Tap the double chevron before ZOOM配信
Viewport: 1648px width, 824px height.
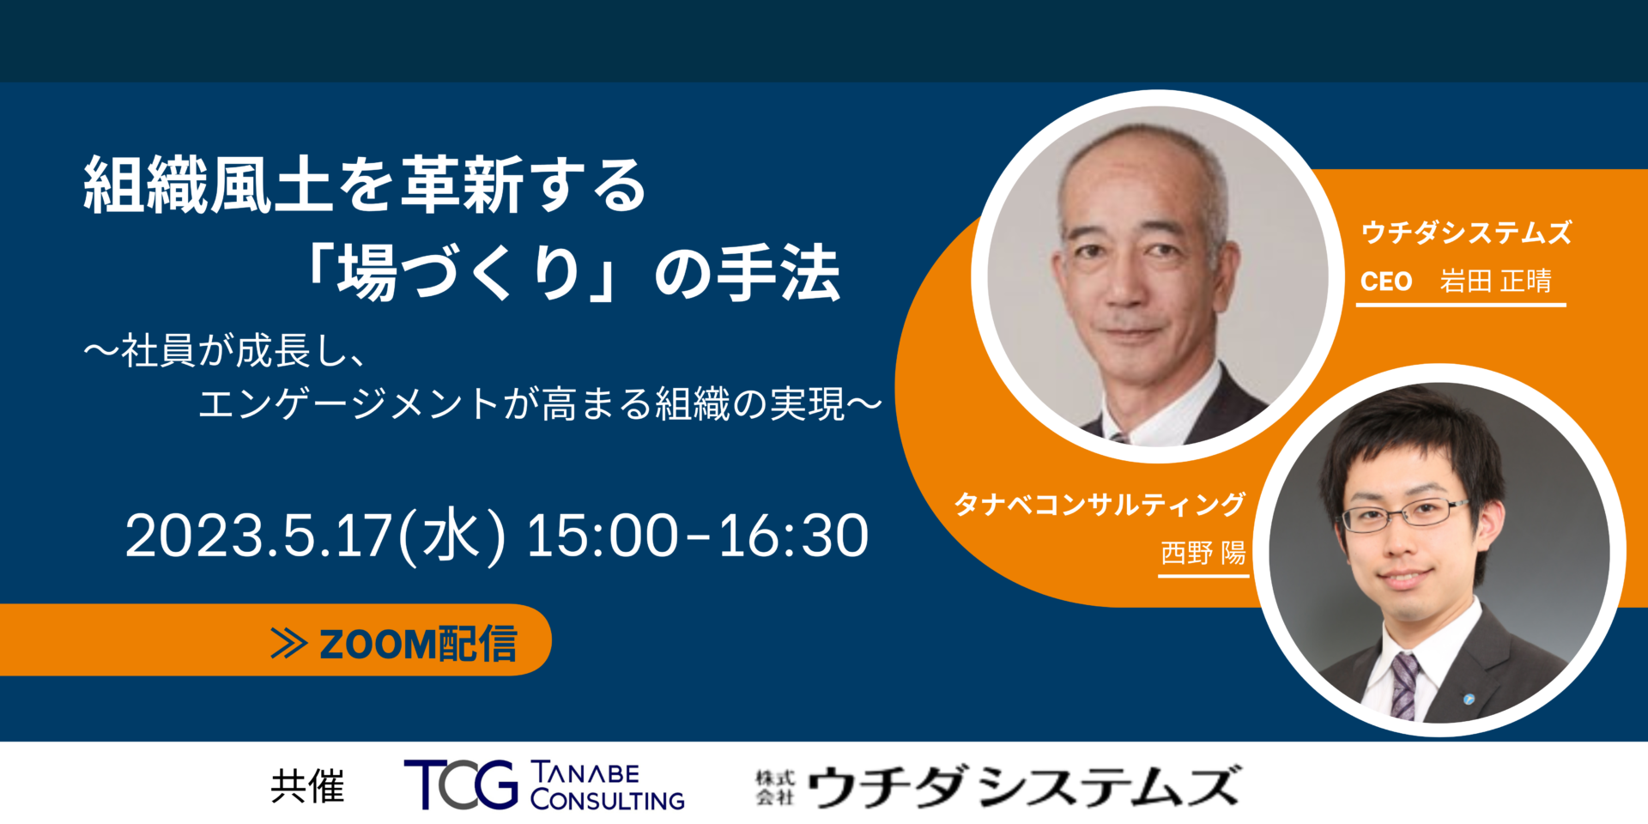pos(289,644)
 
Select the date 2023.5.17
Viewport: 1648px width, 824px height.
pos(258,536)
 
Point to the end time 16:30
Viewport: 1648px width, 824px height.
pos(793,536)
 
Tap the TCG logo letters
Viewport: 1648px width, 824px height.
pos(461,785)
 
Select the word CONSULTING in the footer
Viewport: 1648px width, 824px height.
pos(608,800)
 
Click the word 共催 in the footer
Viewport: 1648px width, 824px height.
pos(307,786)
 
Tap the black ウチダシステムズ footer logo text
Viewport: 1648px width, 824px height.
pos(1023,786)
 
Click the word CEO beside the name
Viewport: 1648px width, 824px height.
pos(1386,282)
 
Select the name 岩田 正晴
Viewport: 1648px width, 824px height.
pos(1496,281)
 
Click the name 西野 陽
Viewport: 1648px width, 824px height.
pos(1203,553)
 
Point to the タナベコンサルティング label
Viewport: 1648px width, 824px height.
pos(1100,504)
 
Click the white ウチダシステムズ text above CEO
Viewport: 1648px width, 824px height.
pos(1466,232)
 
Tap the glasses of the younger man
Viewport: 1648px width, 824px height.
pos(1405,513)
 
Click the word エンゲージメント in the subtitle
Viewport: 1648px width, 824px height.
pos(349,403)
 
